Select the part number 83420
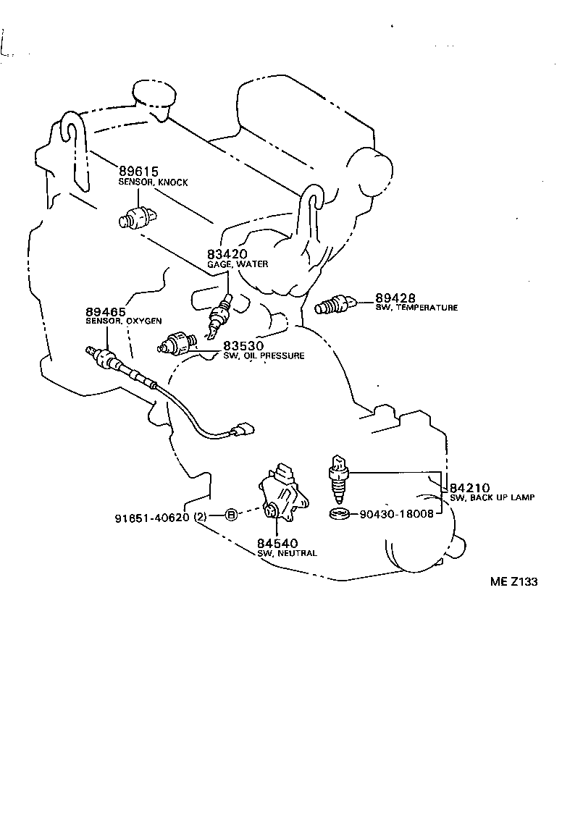tap(227, 254)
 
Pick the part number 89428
tap(395, 298)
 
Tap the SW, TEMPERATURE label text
tap(416, 308)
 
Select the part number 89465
tap(106, 311)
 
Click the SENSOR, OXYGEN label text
tap(124, 321)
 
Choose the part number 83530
tap(243, 346)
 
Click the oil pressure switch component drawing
tap(177, 342)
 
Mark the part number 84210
tap(470, 487)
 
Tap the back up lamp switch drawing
tap(339, 479)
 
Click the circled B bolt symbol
tap(230, 515)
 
